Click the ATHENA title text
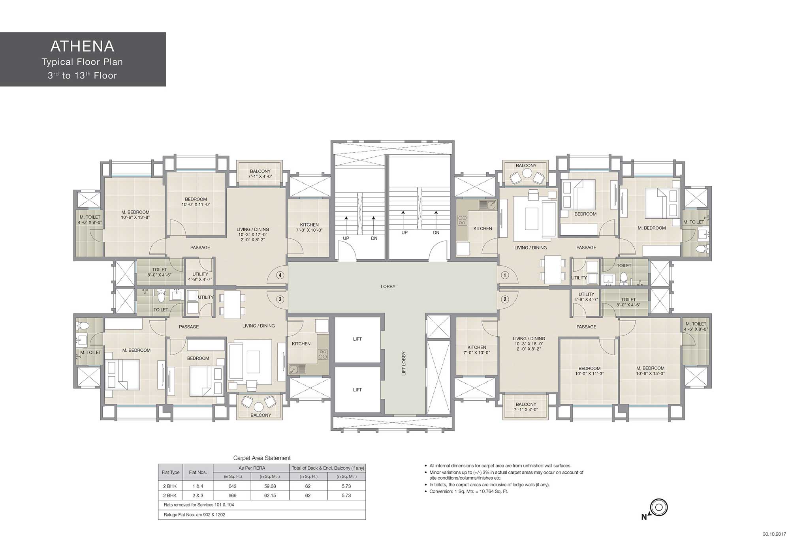[x=82, y=47]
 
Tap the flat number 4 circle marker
[x=280, y=275]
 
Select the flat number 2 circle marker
[x=505, y=299]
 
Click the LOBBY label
[x=388, y=287]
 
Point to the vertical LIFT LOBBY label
[x=404, y=363]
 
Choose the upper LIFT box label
[x=357, y=339]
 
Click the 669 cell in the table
[x=232, y=495]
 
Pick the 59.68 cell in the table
[x=270, y=486]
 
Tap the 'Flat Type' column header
[x=171, y=472]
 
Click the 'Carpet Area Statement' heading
[x=262, y=458]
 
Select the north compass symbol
[x=659, y=507]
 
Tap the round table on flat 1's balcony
[x=527, y=173]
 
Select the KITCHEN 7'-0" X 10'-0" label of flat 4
[x=309, y=227]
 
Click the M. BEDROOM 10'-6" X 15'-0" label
[x=650, y=371]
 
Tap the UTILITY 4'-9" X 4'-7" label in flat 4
[x=200, y=277]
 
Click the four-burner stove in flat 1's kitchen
[x=462, y=220]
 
